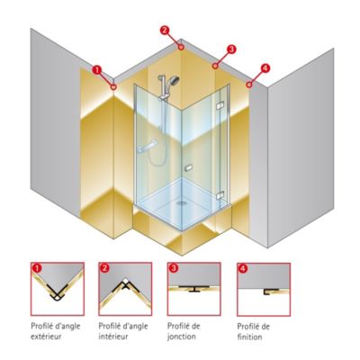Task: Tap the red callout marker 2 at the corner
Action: [x=166, y=30]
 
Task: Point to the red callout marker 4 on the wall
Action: [x=264, y=67]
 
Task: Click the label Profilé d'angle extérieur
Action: [x=58, y=328]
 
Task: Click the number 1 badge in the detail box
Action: [x=37, y=268]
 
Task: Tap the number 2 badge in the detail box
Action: [x=105, y=268]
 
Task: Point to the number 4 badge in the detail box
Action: [x=242, y=268]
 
